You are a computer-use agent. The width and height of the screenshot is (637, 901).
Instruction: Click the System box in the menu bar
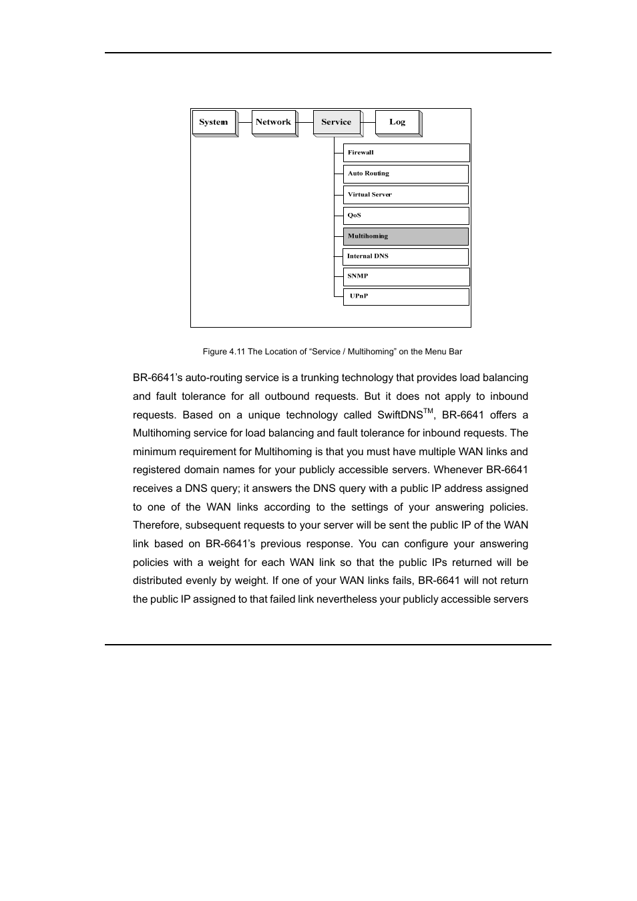click(214, 122)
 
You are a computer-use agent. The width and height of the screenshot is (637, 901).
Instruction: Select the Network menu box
click(274, 122)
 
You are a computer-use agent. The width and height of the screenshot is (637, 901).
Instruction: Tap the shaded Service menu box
click(337, 122)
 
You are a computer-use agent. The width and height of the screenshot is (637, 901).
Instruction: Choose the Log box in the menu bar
click(397, 122)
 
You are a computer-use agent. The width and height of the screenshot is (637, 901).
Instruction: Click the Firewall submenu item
click(406, 153)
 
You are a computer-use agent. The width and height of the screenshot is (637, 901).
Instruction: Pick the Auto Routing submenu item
click(405, 174)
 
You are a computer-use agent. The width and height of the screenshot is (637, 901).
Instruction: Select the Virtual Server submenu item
click(405, 194)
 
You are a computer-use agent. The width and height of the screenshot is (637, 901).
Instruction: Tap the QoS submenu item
click(405, 216)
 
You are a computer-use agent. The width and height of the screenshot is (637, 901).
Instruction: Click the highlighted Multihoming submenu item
click(405, 236)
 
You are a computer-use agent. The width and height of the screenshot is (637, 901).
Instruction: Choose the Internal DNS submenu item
click(405, 256)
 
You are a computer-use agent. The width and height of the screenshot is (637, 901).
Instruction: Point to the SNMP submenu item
click(405, 276)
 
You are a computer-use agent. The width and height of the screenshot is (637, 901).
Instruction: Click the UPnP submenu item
click(405, 296)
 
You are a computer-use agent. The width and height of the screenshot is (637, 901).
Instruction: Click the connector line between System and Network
click(244, 122)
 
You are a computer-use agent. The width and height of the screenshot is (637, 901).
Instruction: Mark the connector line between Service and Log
click(369, 122)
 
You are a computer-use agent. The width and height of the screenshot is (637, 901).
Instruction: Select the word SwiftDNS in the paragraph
click(400, 415)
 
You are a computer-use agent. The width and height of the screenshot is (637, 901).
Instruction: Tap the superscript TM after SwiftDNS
click(428, 411)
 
